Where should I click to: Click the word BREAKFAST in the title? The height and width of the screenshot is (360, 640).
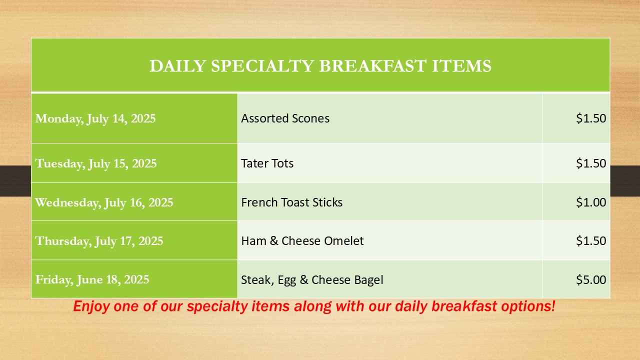click(373, 66)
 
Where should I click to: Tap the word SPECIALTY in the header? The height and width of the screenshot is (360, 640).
click(262, 66)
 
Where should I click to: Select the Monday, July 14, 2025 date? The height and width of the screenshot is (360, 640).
click(95, 118)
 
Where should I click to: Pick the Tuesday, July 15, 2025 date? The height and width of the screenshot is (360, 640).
click(96, 163)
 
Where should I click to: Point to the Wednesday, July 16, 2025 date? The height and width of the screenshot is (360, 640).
click(104, 202)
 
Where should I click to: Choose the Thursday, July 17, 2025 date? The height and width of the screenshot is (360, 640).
click(99, 241)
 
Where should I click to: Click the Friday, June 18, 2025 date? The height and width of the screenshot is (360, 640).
click(92, 279)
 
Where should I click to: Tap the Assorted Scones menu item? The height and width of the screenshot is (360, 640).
click(285, 118)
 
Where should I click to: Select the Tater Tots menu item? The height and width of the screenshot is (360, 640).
click(267, 163)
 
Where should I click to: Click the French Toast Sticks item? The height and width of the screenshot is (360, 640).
click(291, 202)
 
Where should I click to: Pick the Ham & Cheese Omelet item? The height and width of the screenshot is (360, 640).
click(302, 241)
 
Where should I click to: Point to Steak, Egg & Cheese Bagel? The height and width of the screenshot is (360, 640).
click(312, 280)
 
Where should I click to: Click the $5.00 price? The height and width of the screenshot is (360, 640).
click(591, 279)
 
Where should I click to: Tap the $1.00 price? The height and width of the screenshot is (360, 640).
click(591, 202)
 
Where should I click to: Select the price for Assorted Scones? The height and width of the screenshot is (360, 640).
click(591, 118)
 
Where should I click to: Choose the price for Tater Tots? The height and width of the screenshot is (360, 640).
click(591, 163)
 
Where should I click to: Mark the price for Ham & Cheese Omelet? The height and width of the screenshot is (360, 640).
click(591, 241)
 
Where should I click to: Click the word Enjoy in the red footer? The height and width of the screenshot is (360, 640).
click(91, 306)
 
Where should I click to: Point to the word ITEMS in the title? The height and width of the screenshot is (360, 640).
click(461, 66)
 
